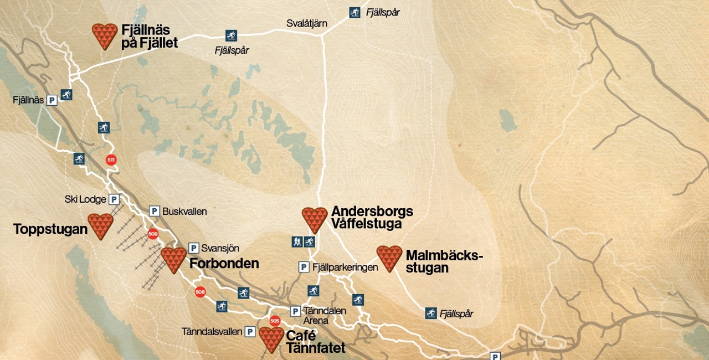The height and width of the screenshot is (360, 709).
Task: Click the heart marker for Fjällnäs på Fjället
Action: pos(105,36)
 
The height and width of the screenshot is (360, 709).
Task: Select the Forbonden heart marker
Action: pos(174,260)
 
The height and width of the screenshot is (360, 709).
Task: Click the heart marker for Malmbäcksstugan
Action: pos(389,258)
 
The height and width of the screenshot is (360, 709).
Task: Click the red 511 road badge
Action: pos(111,160)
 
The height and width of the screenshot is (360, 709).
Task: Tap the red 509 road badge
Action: pos(153,234)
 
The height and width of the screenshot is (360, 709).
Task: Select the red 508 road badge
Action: pos(200,292)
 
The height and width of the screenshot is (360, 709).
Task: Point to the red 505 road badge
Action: pos(274,321)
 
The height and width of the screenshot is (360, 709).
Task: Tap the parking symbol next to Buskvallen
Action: pos(155,211)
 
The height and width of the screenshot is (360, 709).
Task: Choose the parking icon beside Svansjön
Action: pos(194,248)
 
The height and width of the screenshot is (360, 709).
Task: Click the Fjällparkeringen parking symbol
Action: pos(304,267)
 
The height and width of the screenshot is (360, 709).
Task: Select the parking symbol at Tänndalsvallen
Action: pos(250,332)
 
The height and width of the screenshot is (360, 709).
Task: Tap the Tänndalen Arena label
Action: pos(324,315)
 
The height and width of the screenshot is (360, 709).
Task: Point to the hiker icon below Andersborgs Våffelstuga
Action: pos(297,241)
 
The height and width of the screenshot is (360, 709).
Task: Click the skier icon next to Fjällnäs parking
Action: pos(66,95)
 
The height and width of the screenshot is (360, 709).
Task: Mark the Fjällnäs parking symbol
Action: pos(52,100)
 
